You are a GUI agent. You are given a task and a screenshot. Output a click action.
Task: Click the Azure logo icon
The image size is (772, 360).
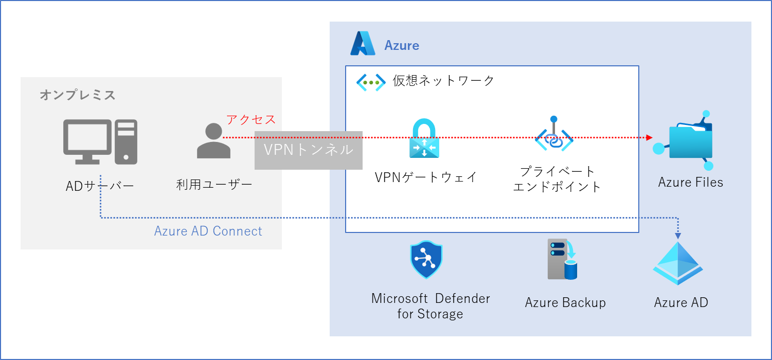coord(363,44)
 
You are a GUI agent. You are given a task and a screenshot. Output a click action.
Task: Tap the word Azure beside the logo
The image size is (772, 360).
coord(402,46)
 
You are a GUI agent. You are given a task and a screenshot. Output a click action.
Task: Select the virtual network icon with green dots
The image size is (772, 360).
coord(371,82)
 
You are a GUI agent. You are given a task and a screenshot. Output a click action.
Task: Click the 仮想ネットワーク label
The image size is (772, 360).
coord(443,81)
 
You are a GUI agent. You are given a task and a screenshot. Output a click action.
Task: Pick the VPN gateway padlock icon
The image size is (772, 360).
coord(424,138)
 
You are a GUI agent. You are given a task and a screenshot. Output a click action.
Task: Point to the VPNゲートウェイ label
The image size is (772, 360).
coord(426,177)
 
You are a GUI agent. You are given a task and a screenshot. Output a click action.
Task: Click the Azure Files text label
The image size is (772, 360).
coord(690,182)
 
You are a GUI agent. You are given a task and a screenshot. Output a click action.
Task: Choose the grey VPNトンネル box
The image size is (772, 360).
coord(308,150)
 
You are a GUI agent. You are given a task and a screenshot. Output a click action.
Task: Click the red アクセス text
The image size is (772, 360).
coord(251,120)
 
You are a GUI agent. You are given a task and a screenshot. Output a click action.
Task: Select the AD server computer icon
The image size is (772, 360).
coord(100,142)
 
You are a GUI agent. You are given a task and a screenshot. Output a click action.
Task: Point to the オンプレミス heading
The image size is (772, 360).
coord(78,95)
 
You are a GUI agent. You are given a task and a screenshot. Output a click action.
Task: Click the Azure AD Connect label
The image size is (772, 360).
coord(208,231)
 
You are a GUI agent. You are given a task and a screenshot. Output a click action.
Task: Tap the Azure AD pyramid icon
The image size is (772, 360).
coord(678,263)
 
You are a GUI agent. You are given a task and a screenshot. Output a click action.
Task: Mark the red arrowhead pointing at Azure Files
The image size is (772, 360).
coord(649,138)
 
